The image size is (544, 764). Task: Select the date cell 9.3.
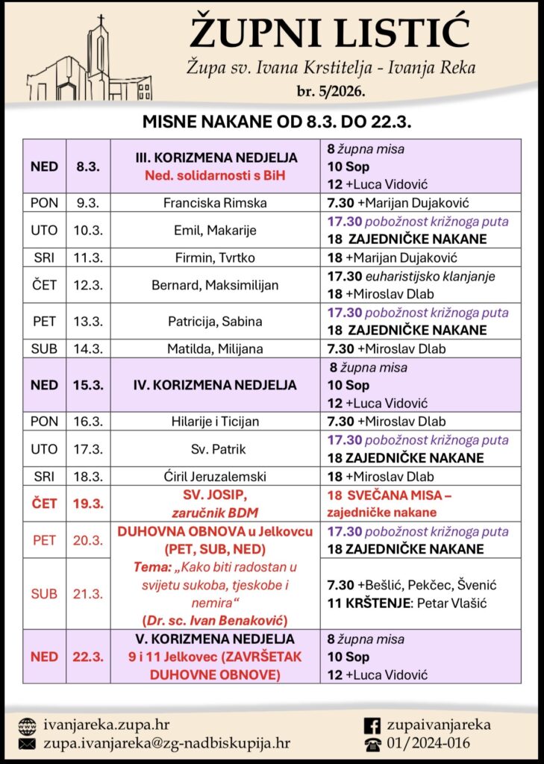(88, 202)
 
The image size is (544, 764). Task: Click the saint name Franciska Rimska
(216, 202)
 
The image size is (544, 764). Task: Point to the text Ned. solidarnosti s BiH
(216, 175)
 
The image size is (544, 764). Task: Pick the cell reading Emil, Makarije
(216, 231)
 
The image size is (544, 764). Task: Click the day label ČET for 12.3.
(44, 285)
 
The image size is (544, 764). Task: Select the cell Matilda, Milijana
(216, 348)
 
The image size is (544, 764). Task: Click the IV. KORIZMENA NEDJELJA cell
(216, 385)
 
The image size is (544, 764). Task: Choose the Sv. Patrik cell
(216, 449)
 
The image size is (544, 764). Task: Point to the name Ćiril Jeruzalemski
(216, 477)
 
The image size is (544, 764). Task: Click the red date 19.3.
(88, 504)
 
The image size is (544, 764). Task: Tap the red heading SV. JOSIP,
(216, 495)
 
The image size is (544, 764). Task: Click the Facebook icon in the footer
(371, 724)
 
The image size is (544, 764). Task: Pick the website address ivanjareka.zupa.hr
(111, 724)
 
